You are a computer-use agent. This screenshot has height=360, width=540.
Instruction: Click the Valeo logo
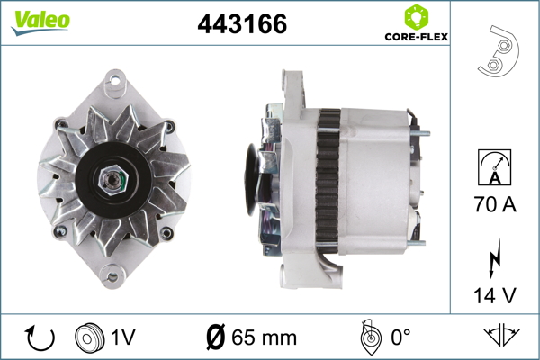(x=40, y=22)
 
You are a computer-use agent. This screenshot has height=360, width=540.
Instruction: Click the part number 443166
(x=242, y=23)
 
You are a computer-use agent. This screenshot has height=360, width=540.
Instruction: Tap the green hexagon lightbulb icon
(x=417, y=17)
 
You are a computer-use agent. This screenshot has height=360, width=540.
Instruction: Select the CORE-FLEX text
(x=417, y=37)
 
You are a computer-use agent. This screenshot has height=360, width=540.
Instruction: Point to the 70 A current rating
(x=495, y=204)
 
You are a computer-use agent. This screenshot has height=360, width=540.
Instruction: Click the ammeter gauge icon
(x=494, y=167)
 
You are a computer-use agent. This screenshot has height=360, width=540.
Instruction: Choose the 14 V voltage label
(x=495, y=295)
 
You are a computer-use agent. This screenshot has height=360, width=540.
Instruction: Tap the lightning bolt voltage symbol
(x=494, y=258)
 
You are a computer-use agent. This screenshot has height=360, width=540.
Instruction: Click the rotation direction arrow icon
(x=40, y=337)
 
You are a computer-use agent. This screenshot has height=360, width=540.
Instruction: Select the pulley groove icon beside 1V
(x=89, y=337)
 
